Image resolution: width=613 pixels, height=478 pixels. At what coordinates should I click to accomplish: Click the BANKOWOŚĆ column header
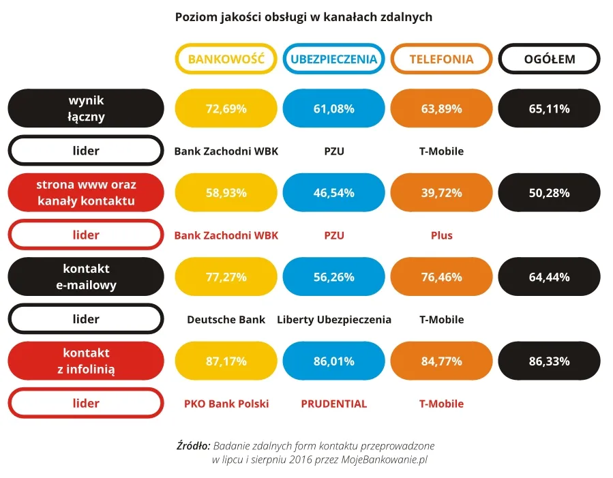(x=226, y=59)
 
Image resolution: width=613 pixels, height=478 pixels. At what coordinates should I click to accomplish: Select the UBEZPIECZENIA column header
(x=333, y=59)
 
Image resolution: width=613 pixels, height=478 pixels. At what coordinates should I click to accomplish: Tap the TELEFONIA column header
(x=441, y=59)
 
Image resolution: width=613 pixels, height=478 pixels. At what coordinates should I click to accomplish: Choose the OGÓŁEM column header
(x=550, y=59)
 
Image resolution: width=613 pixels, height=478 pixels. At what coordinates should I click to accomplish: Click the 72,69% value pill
(x=226, y=108)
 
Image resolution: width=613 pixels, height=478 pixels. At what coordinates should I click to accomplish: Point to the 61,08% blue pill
(x=333, y=108)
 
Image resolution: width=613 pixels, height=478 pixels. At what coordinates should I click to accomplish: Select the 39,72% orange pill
(x=441, y=192)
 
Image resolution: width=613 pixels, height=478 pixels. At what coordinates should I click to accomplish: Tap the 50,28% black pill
(x=550, y=192)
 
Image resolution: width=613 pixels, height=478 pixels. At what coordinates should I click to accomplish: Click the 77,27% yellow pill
(x=226, y=277)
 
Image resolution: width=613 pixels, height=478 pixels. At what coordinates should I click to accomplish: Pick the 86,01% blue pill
(x=333, y=361)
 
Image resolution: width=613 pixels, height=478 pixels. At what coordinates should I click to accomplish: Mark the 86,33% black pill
(x=550, y=361)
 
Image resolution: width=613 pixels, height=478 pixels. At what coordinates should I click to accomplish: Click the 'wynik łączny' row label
(x=86, y=108)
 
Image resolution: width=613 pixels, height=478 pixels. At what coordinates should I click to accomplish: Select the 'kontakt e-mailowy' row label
(x=86, y=277)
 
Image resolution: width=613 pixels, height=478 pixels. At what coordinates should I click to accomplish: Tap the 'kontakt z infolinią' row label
(x=86, y=361)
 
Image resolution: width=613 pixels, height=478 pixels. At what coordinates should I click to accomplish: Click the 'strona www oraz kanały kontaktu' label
(x=86, y=192)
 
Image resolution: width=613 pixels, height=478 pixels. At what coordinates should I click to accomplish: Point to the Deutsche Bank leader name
(x=226, y=319)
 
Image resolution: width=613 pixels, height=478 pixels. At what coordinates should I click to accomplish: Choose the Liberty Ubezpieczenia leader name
(x=334, y=320)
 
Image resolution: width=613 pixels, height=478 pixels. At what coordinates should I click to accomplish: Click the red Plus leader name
(x=441, y=235)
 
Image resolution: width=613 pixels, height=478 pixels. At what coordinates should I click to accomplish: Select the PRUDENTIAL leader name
(x=334, y=404)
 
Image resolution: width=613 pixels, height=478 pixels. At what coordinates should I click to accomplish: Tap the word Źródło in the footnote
(x=193, y=445)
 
